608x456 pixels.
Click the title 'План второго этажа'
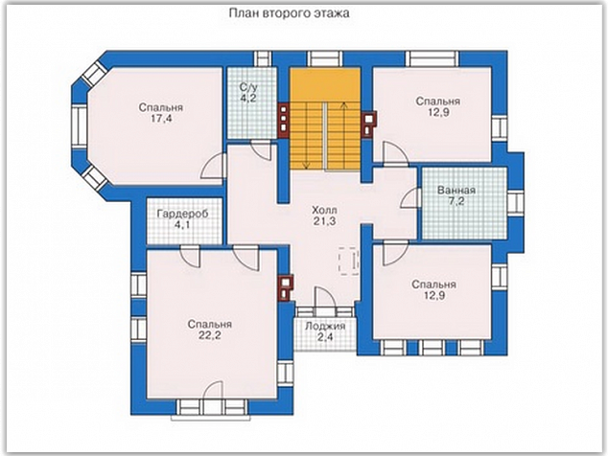pyautogui.click(x=289, y=13)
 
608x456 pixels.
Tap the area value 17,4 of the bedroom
pyautogui.click(x=161, y=119)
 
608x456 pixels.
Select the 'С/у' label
pyautogui.click(x=248, y=87)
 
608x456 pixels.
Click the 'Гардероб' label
pyautogui.click(x=182, y=214)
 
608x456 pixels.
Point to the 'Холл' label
pyautogui.click(x=324, y=211)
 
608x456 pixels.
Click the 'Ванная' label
pyautogui.click(x=456, y=191)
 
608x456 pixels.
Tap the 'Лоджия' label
pyautogui.click(x=325, y=327)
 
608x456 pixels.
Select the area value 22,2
pyautogui.click(x=210, y=335)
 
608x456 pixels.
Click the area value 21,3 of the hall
pyautogui.click(x=324, y=221)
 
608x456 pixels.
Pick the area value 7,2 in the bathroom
pyautogui.click(x=456, y=201)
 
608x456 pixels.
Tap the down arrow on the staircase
pyautogui.click(x=307, y=136)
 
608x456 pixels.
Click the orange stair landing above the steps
pyautogui.click(x=326, y=85)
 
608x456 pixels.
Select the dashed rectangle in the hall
pyautogui.click(x=348, y=262)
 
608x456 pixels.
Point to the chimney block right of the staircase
pyautogui.click(x=369, y=125)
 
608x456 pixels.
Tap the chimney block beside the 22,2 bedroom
pyautogui.click(x=286, y=287)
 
